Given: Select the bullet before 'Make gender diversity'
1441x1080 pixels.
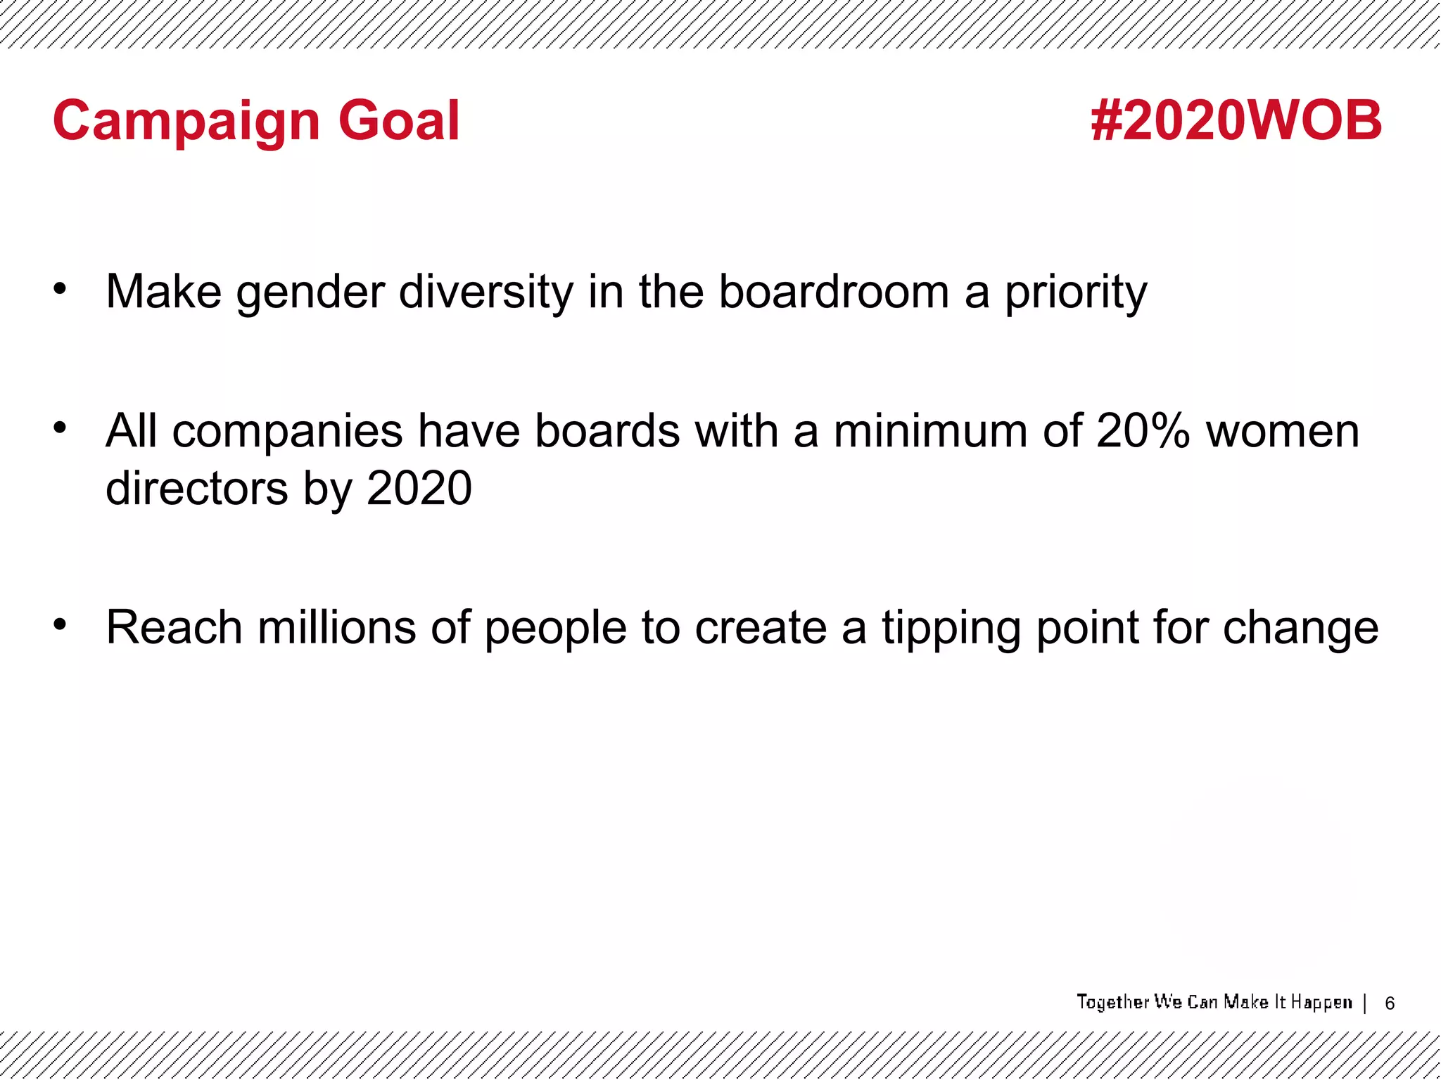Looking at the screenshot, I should (x=61, y=288).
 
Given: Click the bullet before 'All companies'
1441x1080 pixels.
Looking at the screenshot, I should (x=61, y=427).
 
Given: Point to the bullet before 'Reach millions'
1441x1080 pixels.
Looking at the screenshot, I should (x=61, y=624).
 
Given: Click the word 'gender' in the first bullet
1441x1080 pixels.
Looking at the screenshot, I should (x=310, y=292).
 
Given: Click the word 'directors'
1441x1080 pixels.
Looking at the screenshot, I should (x=197, y=488).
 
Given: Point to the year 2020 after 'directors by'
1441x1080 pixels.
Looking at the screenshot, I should (x=419, y=488).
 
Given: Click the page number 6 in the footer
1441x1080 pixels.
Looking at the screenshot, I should (x=1390, y=1003).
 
